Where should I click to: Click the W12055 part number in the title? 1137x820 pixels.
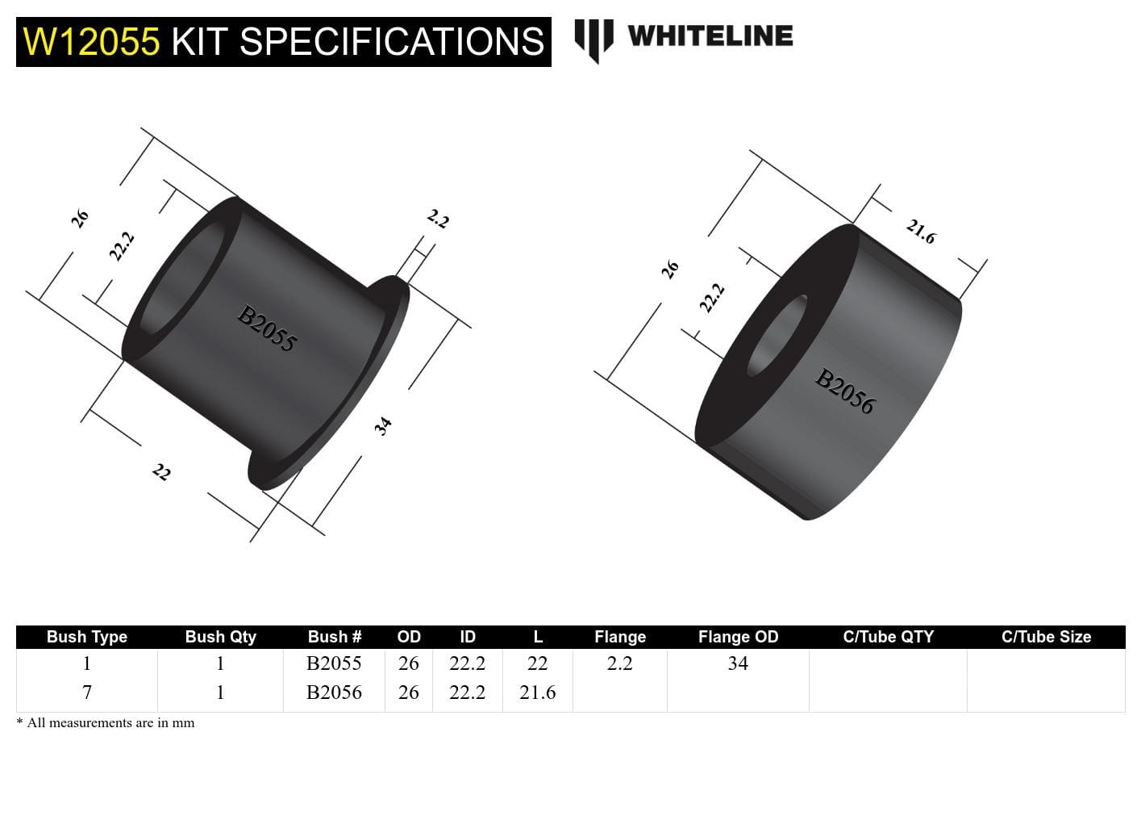91,42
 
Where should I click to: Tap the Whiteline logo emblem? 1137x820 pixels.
593,39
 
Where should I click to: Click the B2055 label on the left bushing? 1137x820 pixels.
267,328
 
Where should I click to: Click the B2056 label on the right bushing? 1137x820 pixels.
844,391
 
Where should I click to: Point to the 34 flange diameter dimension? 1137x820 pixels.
383,425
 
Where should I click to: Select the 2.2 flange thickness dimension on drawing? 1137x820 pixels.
437,219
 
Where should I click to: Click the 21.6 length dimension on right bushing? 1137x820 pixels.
920,232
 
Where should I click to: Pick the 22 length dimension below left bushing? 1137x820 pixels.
161,472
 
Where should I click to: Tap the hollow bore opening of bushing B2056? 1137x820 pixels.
777,336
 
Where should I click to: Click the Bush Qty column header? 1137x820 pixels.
220,637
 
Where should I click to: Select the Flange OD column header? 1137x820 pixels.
738,637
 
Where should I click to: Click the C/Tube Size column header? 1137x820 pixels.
1046,637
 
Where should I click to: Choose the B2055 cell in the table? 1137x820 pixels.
334,663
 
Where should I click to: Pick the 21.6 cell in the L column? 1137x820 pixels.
537,692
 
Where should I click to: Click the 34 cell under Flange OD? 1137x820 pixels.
738,663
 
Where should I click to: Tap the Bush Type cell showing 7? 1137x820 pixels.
87,692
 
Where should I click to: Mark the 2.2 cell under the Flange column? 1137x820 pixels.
619,663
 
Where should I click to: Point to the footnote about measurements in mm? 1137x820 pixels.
106,723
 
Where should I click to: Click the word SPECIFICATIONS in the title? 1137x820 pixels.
392,42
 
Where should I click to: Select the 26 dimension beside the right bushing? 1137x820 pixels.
670,270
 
